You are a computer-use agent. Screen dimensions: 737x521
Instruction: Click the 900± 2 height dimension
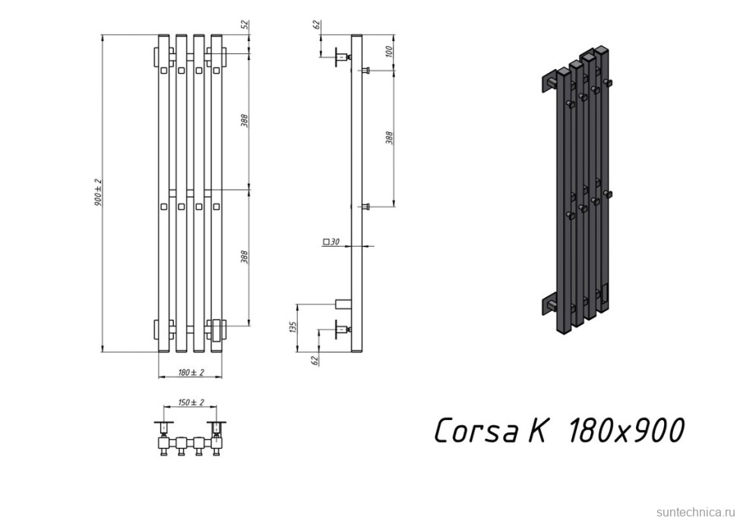(x=98, y=193)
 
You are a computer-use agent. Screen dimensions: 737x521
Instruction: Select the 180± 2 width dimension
(x=191, y=373)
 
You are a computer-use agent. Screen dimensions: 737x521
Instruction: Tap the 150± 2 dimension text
(x=191, y=403)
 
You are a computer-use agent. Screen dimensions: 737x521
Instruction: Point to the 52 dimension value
(x=245, y=25)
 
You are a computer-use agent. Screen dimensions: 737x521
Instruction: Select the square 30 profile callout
(x=331, y=242)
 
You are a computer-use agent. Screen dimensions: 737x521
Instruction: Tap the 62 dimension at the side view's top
(x=316, y=25)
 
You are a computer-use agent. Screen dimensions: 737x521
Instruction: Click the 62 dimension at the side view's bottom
(x=315, y=360)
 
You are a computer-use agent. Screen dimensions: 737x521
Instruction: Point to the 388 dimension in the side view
(x=390, y=137)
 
